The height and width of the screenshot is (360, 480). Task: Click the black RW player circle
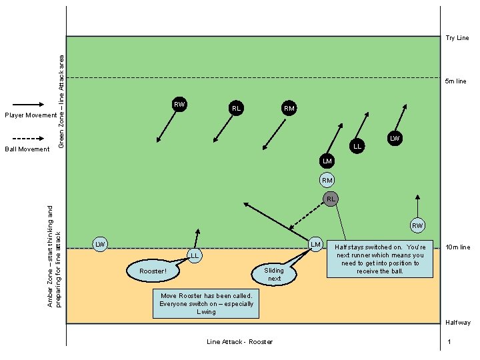pos(179,104)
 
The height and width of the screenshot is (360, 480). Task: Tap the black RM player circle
pos(289,108)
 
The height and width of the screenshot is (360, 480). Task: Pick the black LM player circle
pos(327,161)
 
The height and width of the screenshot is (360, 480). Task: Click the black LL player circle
pos(357,146)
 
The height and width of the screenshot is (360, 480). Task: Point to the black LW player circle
pos(395,139)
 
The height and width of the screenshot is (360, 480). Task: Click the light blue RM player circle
pos(327,180)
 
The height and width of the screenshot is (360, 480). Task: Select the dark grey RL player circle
pos(331,199)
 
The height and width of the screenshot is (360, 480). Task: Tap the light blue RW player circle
pos(417,225)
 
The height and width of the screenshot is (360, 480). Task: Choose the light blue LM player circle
pos(316,245)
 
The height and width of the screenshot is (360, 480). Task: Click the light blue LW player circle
pos(100,245)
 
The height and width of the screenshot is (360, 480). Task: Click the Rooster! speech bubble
pos(153,271)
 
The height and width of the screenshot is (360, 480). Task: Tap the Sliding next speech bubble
pos(274,273)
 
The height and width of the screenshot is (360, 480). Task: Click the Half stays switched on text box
pos(379,259)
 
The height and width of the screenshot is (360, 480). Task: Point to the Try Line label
pos(457,38)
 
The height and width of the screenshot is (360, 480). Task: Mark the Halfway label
pos(457,323)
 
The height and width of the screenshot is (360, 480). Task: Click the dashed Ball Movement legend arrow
pos(28,139)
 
